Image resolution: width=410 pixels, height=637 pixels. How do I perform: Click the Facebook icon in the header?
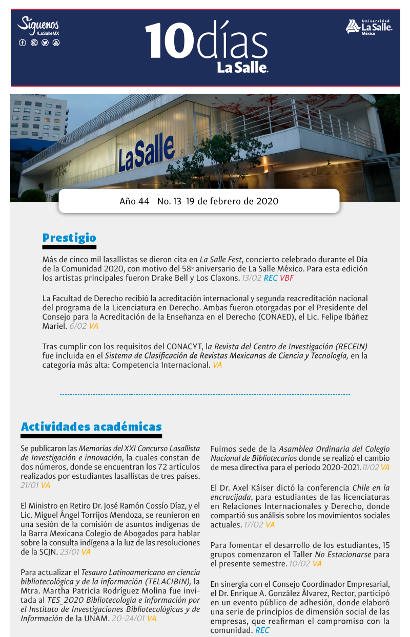coord(23,43)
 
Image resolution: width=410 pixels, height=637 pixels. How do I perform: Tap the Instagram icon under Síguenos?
coord(34,43)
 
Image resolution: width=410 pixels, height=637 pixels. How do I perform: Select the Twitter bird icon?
coord(45,43)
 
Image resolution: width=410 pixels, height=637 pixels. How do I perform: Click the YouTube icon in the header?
coord(56,43)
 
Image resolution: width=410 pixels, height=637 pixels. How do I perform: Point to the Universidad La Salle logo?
coord(369,27)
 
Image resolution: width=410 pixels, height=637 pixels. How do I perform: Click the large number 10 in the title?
coord(166,40)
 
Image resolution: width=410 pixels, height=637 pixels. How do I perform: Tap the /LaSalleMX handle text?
coord(48,33)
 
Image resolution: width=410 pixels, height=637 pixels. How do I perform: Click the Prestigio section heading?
coord(69,238)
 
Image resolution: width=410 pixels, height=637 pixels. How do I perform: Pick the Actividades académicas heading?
coord(91,427)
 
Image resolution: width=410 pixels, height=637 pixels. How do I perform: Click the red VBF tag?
coord(287,278)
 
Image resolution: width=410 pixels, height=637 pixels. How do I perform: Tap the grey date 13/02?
coord(252,278)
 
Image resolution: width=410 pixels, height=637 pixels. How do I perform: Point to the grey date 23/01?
coord(69,552)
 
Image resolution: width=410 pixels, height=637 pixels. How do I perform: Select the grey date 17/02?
coord(254,525)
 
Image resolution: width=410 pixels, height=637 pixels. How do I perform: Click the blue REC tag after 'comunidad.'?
coord(262,630)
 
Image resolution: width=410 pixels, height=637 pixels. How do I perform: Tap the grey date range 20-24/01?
coord(128,618)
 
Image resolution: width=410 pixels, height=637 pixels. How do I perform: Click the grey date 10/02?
coord(299,564)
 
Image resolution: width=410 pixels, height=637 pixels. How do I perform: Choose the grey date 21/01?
coord(30,485)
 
